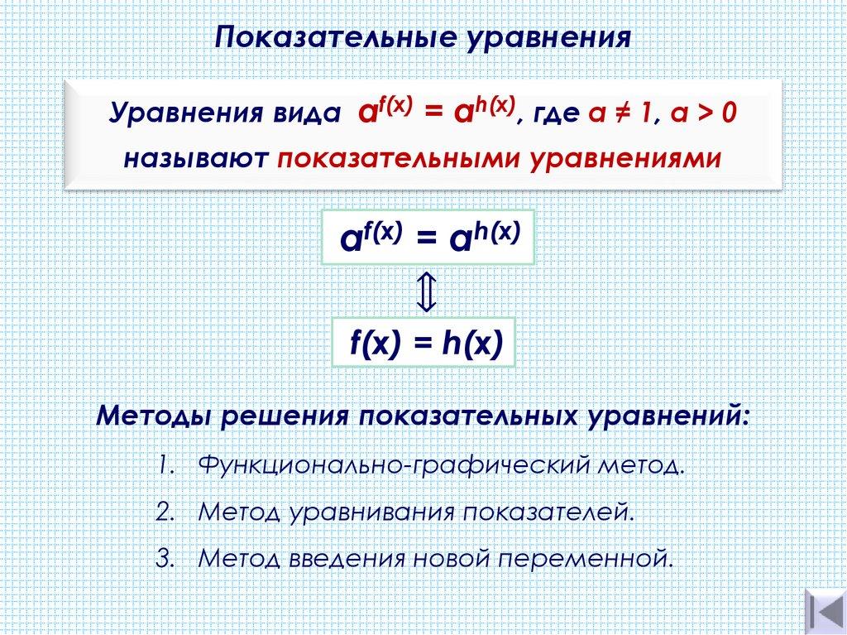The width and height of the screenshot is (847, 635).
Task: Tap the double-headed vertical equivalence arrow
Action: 424,292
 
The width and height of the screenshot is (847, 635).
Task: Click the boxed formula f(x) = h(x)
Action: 424,343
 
